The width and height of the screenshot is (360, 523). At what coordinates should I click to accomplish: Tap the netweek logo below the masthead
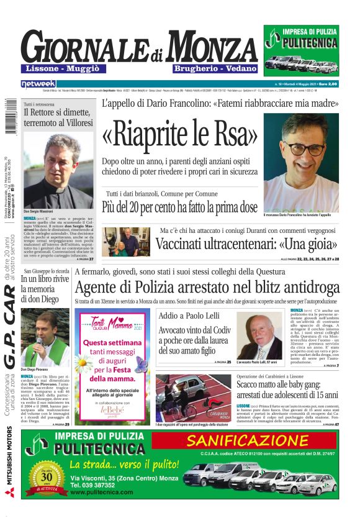38,83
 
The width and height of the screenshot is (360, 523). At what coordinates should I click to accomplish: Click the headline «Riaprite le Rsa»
180,134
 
